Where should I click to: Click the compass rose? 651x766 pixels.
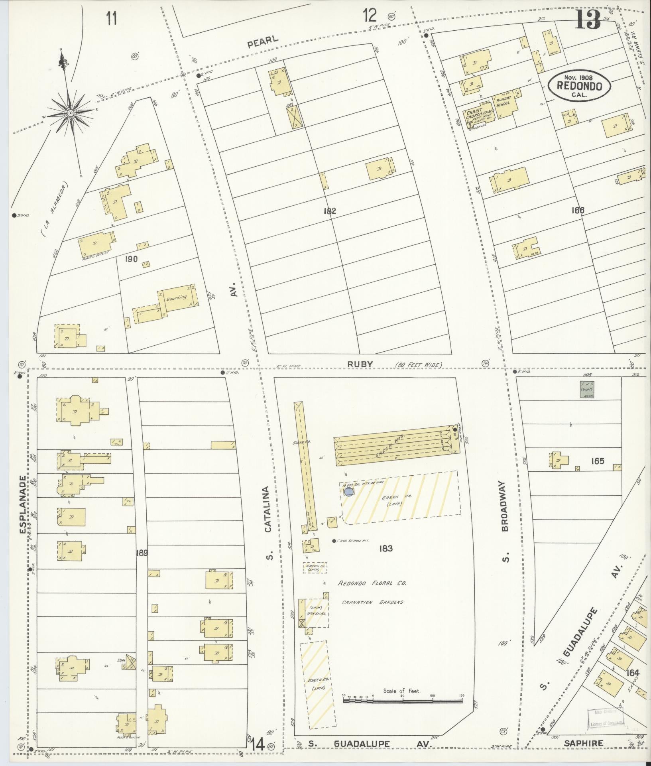[x=70, y=113]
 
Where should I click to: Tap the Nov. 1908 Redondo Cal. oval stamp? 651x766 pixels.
[x=579, y=85]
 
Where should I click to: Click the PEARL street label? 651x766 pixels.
[x=262, y=41]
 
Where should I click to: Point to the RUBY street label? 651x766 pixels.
[x=360, y=364]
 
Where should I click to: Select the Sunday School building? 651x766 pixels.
[x=505, y=104]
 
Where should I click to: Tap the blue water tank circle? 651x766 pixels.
[x=348, y=492]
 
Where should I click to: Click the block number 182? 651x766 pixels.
[x=330, y=211]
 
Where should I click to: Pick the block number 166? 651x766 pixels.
[x=577, y=210]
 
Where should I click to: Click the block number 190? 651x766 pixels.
[x=131, y=259]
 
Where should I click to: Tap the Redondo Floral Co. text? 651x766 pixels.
[x=372, y=583]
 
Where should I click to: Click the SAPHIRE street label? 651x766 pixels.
[x=583, y=743]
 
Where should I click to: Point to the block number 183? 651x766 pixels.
[x=386, y=549]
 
